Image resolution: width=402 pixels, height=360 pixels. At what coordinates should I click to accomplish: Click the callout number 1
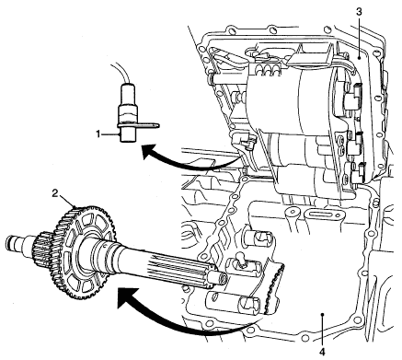coord(98,134)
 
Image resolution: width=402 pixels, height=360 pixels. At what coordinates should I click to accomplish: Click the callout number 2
coord(55,193)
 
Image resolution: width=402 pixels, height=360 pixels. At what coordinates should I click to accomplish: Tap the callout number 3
coord(359,12)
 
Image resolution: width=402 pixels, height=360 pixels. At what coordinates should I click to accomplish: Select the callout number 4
coord(322,352)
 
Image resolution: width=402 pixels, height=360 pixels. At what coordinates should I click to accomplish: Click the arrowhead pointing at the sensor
coord(149,152)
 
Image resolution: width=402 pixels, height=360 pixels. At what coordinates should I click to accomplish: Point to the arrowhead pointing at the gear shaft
coord(126,298)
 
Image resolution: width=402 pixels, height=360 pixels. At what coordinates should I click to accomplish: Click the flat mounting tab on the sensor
coord(147,125)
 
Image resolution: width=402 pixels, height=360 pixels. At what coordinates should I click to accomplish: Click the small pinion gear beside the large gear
coord(40,250)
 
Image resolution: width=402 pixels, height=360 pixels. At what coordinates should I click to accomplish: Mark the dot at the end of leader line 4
coord(322,314)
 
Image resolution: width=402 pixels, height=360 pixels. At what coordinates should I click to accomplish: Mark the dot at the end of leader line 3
coord(359,57)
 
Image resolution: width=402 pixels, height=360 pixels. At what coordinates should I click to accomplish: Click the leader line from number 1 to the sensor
coord(110,134)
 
